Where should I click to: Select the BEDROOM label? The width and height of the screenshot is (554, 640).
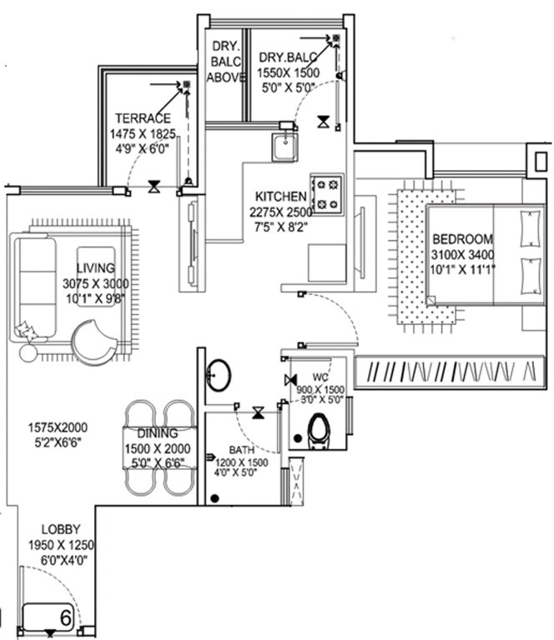pos(462,238)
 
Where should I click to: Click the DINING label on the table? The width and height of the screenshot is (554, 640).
pos(158,433)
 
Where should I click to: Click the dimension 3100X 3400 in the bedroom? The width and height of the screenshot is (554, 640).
pos(462,253)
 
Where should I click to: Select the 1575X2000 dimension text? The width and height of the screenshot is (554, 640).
pos(58,427)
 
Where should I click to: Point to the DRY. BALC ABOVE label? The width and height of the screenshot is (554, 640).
pos(227,62)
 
